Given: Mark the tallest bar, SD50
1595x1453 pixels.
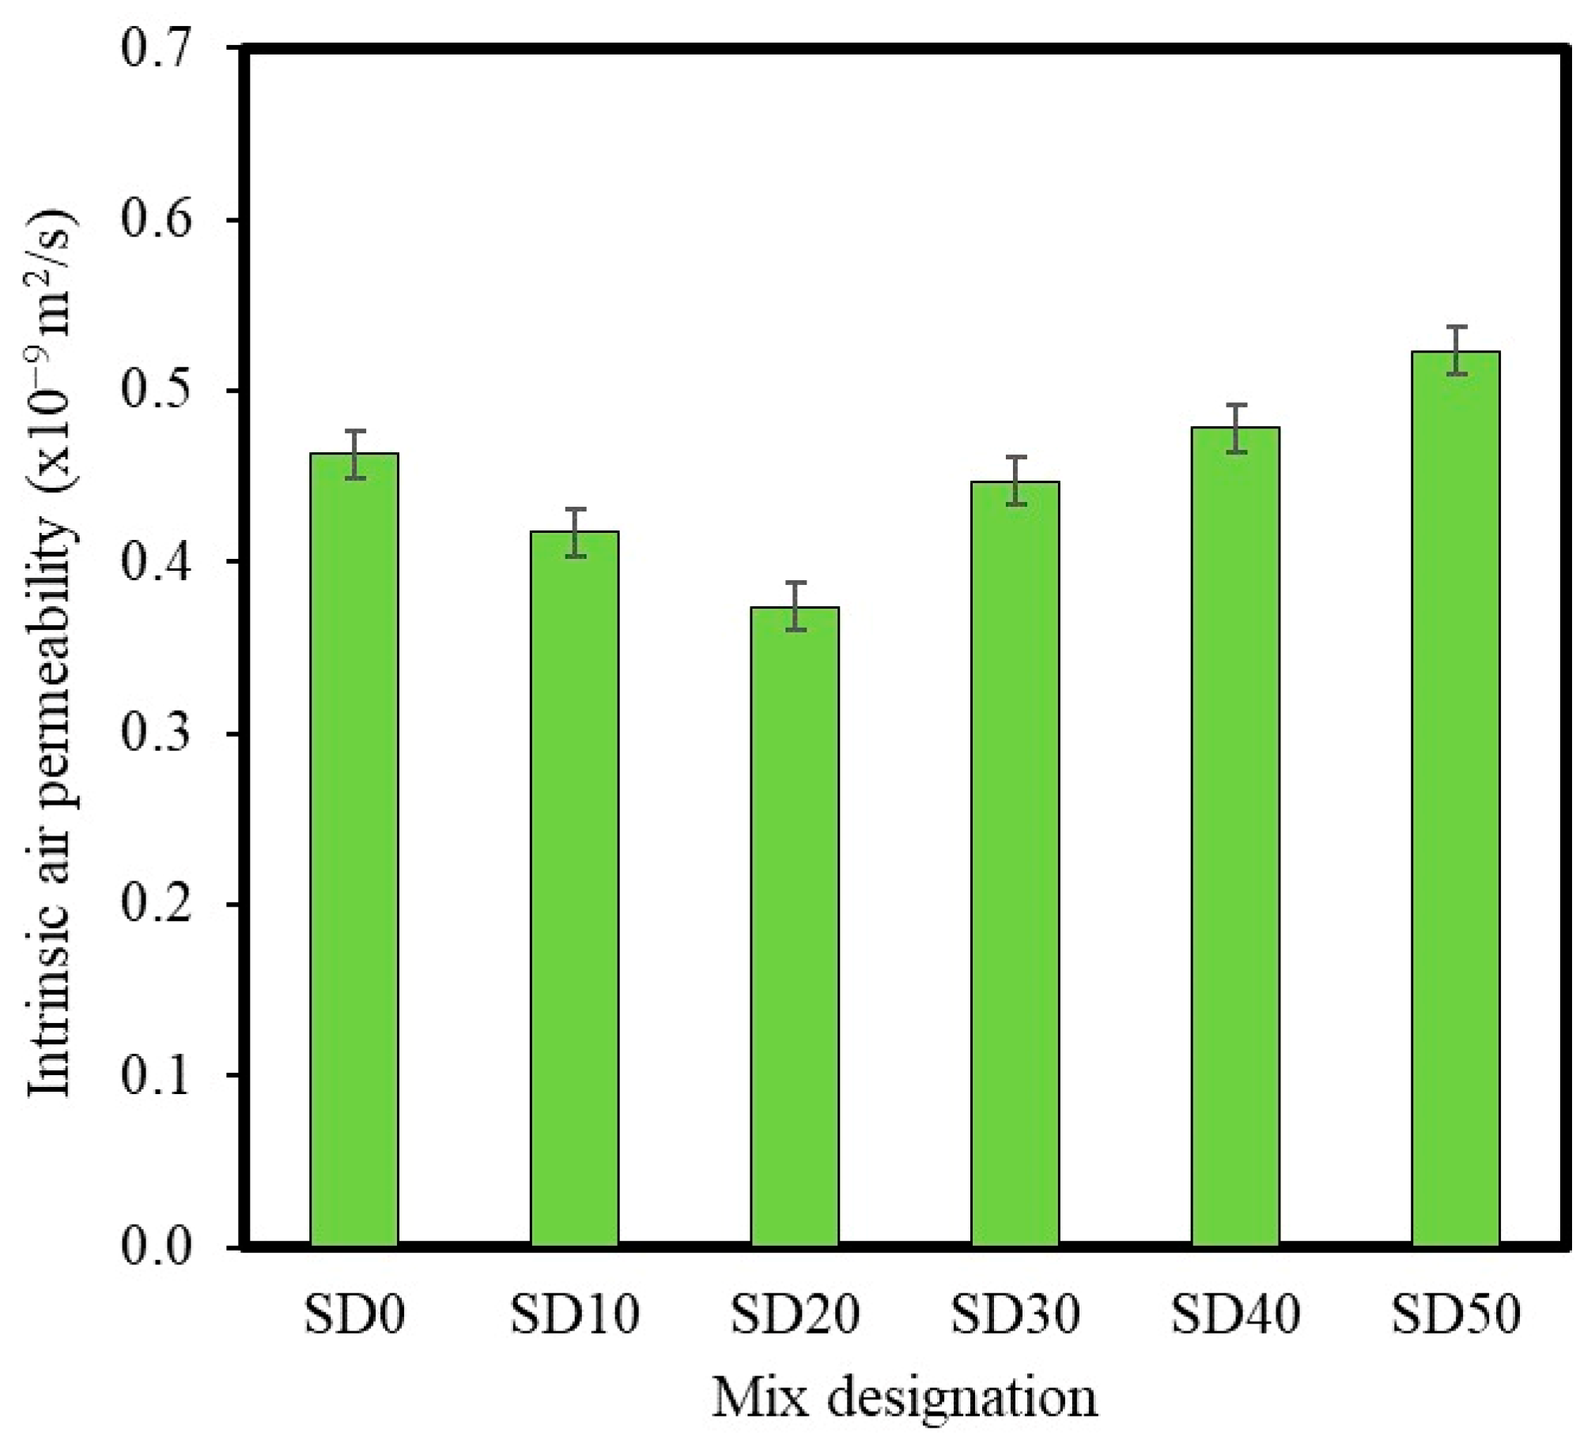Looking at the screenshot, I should pyautogui.click(x=1456, y=799).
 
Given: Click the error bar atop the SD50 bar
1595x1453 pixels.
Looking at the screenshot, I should pyautogui.click(x=1456, y=349).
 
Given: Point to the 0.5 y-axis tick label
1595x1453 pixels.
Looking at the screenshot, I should pyautogui.click(x=157, y=391).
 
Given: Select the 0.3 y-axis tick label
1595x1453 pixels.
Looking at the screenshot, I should pyautogui.click(x=157, y=734).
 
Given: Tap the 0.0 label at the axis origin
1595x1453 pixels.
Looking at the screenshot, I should pyautogui.click(x=157, y=1247).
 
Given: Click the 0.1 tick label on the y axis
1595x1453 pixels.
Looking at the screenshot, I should pyautogui.click(x=157, y=1076).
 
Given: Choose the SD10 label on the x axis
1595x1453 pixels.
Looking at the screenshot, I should pyautogui.click(x=574, y=1315).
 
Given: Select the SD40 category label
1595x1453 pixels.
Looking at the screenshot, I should pyautogui.click(x=1235, y=1315).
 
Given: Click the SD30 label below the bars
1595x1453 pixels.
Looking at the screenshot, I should pyautogui.click(x=1015, y=1315).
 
